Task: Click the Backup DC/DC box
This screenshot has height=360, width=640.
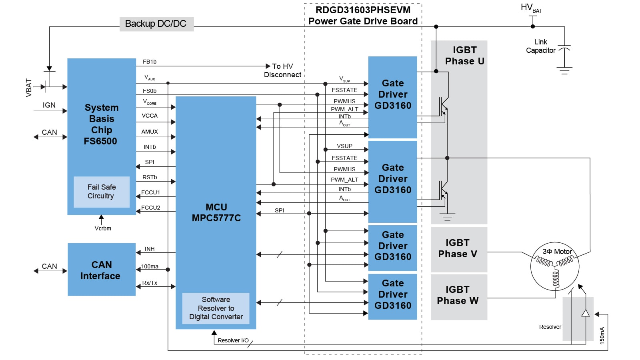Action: tap(156, 24)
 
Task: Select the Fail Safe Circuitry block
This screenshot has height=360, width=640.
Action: tap(102, 192)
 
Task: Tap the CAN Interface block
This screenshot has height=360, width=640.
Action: tap(102, 270)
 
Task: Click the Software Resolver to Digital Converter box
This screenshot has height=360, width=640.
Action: tap(216, 308)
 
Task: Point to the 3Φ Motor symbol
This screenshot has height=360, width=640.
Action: tap(555, 267)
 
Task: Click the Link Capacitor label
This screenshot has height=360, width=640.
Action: tap(540, 46)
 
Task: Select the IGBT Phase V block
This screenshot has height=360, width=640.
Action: tap(458, 249)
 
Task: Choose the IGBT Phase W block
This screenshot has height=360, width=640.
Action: tap(458, 296)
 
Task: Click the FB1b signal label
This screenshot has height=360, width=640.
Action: tap(150, 62)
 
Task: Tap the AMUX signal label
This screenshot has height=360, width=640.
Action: tap(150, 132)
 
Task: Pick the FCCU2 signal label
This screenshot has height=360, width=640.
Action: tap(150, 208)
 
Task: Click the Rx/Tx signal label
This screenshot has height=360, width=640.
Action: tap(150, 283)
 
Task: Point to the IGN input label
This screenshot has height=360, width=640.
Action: tap(49, 105)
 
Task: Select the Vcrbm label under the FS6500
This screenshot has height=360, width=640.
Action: tap(103, 228)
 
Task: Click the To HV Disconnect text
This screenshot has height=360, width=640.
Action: tap(282, 70)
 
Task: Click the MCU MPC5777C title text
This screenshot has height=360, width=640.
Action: tap(216, 212)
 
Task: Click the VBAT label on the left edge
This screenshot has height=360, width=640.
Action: tap(29, 88)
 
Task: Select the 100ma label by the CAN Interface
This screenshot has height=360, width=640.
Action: tap(150, 266)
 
